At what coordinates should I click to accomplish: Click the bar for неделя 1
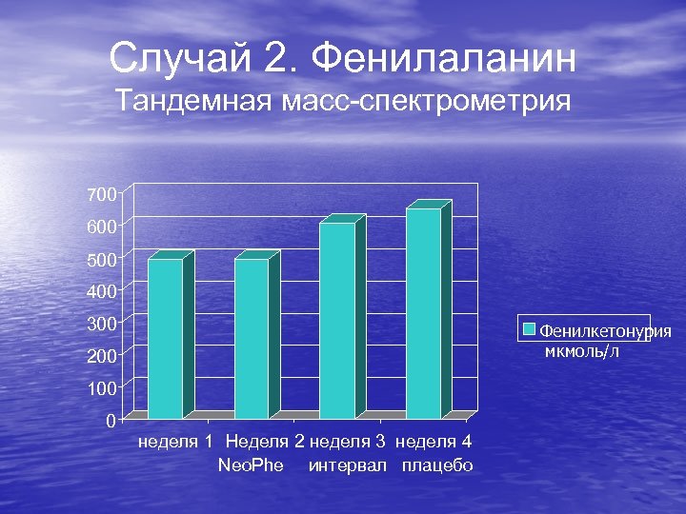[x=165, y=338]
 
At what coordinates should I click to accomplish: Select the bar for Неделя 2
[x=252, y=338]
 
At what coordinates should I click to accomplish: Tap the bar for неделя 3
[x=337, y=320]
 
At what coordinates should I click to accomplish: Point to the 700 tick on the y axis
[x=100, y=194]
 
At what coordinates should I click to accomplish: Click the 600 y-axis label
[x=100, y=227]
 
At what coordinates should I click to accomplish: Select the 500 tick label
[x=100, y=259]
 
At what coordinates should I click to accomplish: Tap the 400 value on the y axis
[x=100, y=290]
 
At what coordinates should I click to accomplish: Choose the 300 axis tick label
[x=100, y=324]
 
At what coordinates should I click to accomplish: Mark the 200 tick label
[x=100, y=356]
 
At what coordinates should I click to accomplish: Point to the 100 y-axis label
[x=100, y=388]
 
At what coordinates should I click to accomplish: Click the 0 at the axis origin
[x=111, y=420]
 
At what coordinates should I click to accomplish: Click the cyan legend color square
[x=530, y=330]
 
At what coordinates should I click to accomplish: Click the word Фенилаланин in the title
[x=444, y=59]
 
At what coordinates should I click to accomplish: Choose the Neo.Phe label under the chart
[x=251, y=465]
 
